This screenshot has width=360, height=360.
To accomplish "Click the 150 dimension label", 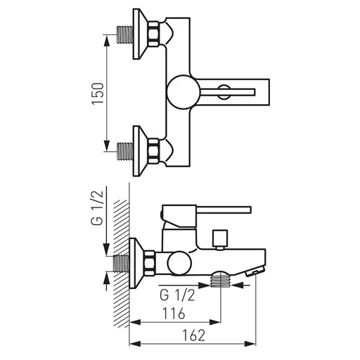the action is point(98,94).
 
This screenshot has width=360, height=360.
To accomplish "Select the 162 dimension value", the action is point(194,335).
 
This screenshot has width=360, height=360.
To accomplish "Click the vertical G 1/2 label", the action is point(97,208).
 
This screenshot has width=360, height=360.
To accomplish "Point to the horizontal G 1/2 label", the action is point(177,295).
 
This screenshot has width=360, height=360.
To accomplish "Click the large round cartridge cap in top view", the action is point(184,92).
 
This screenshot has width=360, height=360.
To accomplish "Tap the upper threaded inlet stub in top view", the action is point(125,34).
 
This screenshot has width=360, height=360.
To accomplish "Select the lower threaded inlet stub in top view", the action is point(125,151).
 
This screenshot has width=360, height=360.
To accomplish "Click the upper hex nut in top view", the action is point(153,34).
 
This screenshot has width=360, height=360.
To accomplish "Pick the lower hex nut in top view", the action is point(153,150).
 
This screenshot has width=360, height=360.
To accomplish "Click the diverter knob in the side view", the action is point(220,240).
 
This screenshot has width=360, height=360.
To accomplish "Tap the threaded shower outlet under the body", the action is point(220,279).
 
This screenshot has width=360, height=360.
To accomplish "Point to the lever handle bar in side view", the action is point(224,210).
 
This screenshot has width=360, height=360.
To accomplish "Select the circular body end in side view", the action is point(179,263).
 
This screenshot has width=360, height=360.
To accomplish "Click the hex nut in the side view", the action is point(149,263).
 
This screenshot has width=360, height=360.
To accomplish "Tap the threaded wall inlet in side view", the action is point(121,264).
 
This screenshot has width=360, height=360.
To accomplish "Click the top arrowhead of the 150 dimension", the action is point(106,41).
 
